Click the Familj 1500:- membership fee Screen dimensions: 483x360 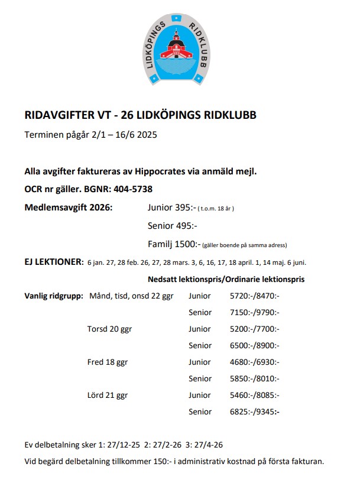coord(174,244)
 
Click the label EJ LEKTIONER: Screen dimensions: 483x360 coord(54,262)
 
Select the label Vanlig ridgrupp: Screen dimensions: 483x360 coord(53,296)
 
